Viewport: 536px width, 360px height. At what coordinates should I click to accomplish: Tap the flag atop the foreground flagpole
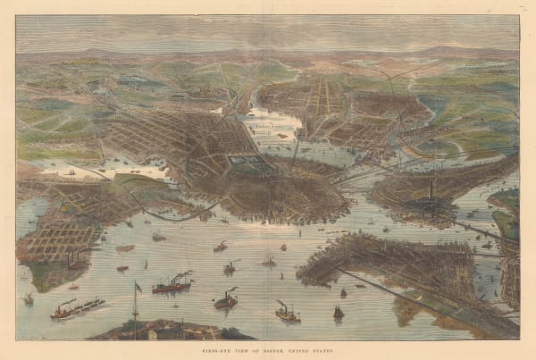click(x=138, y=288)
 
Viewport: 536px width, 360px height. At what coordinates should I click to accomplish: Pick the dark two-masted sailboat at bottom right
click(x=338, y=312)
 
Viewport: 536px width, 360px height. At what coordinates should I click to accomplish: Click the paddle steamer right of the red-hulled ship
click(x=225, y=300)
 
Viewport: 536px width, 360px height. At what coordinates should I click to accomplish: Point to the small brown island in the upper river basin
click(x=283, y=135)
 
